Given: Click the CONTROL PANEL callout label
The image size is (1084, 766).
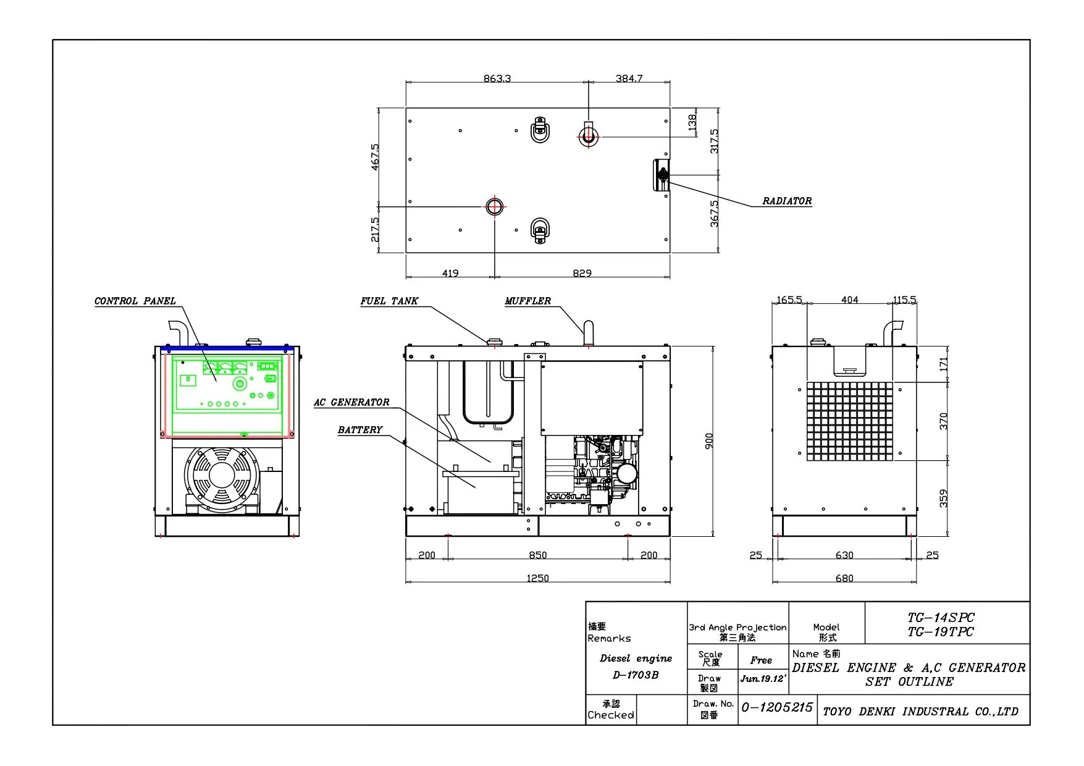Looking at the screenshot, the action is coord(135,301).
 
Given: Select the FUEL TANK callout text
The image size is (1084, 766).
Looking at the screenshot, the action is coord(389,301).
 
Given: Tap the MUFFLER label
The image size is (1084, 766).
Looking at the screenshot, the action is coord(527,301).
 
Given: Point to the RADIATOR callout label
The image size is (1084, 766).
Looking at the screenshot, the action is coord(787,201).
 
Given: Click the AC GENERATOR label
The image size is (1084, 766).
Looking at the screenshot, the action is coord(351,402).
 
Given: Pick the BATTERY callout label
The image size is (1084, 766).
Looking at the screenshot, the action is coord(360,429).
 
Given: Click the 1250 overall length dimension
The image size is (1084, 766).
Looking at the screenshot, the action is coord(537,578).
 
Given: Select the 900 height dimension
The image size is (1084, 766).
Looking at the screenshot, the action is coord(709,441).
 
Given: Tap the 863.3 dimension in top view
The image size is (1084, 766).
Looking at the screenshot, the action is coord(497,78).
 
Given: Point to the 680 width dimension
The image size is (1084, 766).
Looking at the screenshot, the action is coord(844,578).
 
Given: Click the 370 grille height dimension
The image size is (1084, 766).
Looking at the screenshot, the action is coord(943,421).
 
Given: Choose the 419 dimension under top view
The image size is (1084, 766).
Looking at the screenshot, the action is coord(450,273).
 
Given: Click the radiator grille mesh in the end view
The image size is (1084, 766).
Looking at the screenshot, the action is coord(849,421).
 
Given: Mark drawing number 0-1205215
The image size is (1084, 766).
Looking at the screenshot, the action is coord(777,707).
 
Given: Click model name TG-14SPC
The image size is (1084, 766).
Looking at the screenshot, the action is coord(941,617).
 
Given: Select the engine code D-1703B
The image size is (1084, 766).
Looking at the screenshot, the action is coord(636,675).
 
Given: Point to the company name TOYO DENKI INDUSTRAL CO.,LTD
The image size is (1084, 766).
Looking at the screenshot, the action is coord(920,712).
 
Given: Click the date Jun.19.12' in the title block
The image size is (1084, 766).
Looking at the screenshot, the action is coord(763,678).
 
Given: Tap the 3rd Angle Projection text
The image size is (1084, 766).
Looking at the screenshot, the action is coord(737,627).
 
